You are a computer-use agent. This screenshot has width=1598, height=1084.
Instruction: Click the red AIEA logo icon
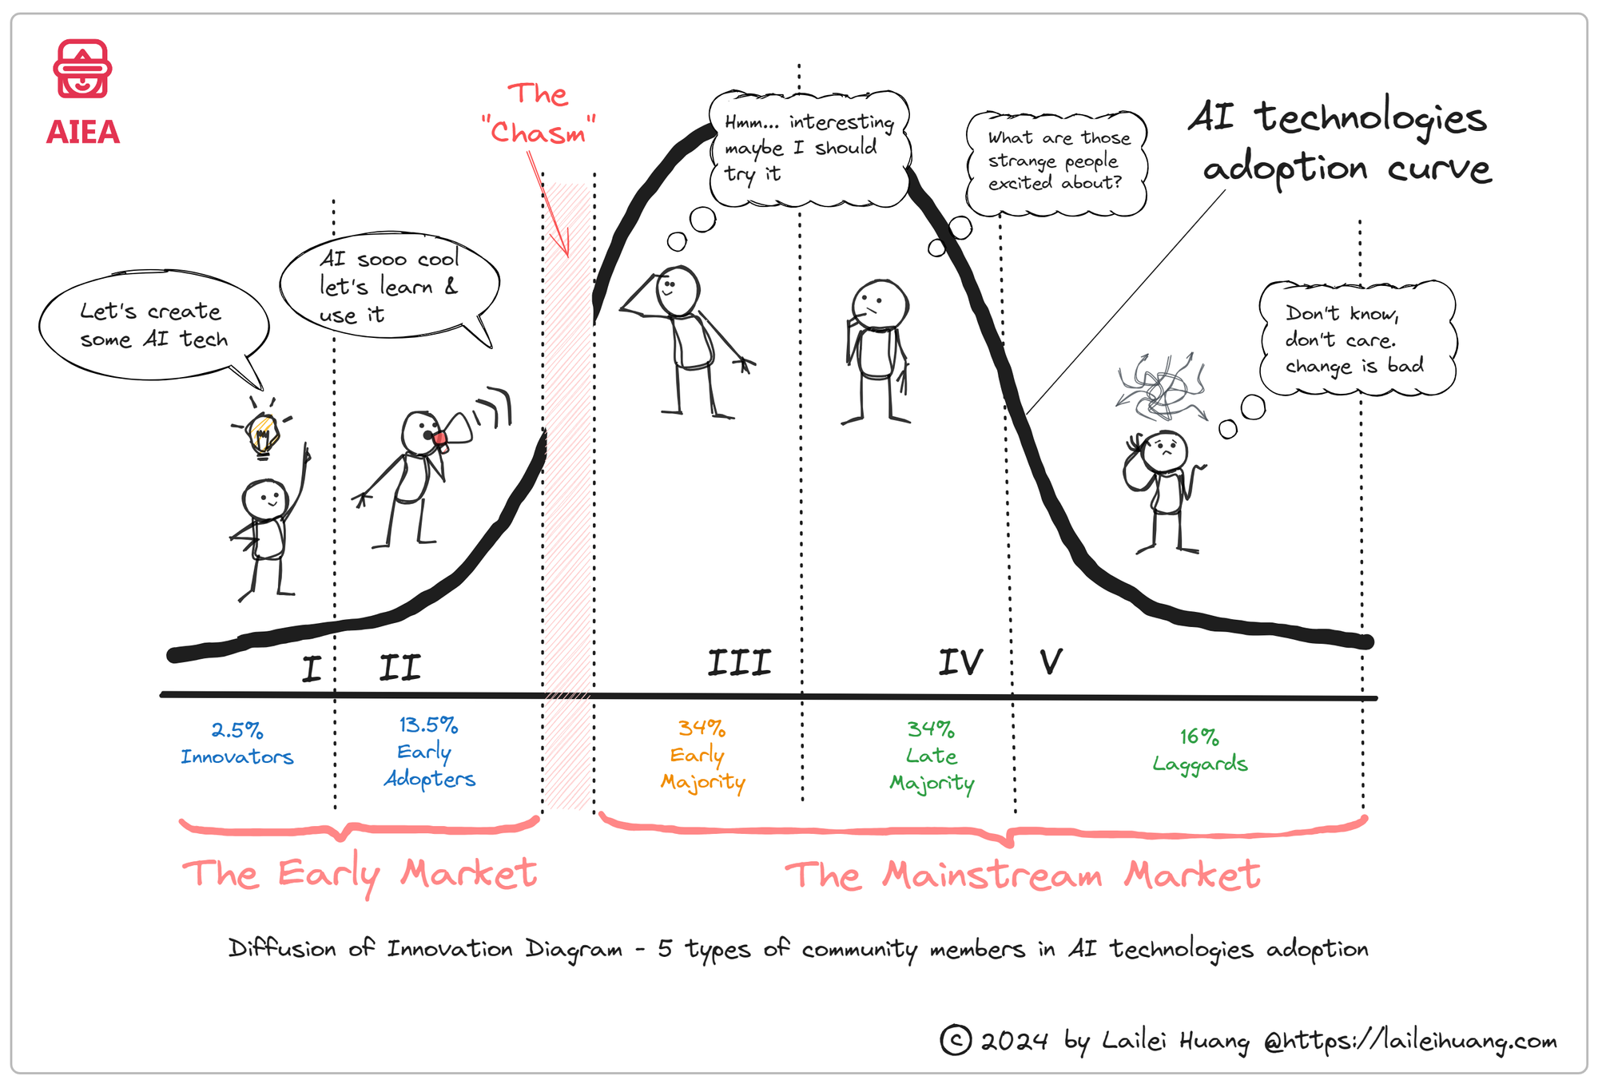coord(82,69)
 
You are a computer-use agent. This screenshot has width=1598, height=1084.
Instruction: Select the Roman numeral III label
coord(739,663)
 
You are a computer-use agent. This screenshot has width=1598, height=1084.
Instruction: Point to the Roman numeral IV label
coord(960,662)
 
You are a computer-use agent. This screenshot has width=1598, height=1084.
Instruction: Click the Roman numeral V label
coord(1051,661)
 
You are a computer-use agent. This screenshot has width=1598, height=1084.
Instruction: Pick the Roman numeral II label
coord(399,667)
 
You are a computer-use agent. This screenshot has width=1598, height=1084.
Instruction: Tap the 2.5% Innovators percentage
coord(237,730)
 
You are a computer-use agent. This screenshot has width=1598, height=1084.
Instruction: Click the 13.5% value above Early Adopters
coord(428,725)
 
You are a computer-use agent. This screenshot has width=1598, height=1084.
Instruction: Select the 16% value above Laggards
coord(1199,736)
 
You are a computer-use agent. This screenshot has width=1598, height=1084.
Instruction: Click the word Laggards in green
coord(1199,764)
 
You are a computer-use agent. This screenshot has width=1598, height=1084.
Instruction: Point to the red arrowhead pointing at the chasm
coord(565,244)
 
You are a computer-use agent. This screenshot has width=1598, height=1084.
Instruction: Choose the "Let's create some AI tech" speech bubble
coord(153,325)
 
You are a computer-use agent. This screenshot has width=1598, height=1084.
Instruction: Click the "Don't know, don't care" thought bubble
coord(1357,339)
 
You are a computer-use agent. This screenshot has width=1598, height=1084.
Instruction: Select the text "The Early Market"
coord(360,874)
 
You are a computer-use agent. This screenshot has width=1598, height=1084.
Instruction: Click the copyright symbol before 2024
coord(956,1040)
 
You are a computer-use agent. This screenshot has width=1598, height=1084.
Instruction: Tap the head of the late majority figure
coord(880,304)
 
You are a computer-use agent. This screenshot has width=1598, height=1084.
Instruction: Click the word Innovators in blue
coord(237,756)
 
